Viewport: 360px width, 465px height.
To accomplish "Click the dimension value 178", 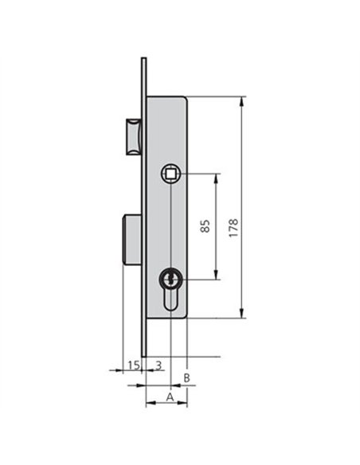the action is coord(233,228).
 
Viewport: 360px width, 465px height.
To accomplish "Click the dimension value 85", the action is coord(205,226).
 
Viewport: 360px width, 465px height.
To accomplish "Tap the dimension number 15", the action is coord(134,365).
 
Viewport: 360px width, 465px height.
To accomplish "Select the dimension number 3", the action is coord(158,365).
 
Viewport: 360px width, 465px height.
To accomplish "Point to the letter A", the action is coord(170,397).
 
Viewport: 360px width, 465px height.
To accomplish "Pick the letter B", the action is coord(186,377).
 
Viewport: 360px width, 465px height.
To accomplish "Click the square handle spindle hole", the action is coord(170,174).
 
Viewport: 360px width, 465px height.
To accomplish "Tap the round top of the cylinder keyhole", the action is coord(170,279).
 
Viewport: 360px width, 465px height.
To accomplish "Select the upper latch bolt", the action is coord(134,137).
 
